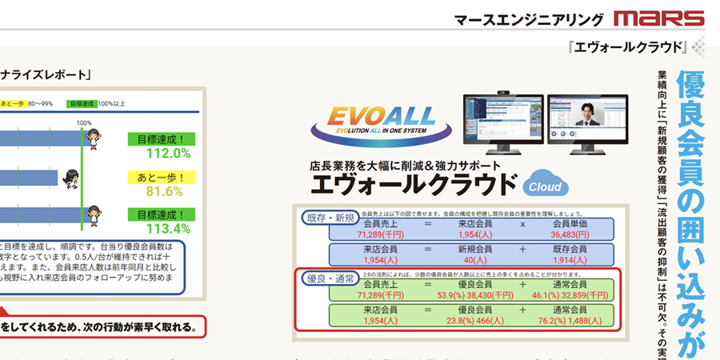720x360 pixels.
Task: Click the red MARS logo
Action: (660, 18)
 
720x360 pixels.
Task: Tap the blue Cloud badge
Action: (546, 186)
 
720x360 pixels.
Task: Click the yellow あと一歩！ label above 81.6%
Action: (161, 178)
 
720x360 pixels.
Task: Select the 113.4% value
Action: (162, 229)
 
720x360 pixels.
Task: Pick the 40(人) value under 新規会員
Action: (480, 261)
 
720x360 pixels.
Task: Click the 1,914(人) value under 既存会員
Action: (570, 261)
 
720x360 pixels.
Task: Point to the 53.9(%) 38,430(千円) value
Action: (478, 294)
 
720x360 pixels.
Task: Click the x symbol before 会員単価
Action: (522, 226)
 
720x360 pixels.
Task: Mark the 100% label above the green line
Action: (84, 122)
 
